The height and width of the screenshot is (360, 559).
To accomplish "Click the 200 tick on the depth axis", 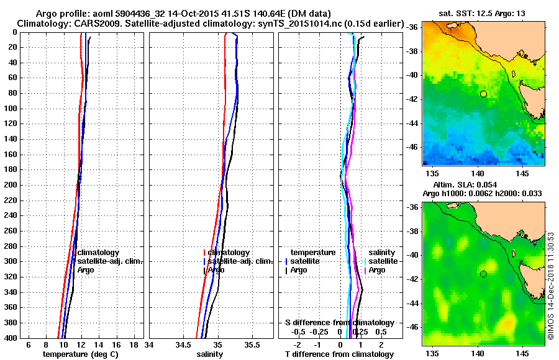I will (12, 185).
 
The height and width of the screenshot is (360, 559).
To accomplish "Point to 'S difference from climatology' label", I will (340, 323).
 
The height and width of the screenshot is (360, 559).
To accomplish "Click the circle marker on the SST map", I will (483, 94).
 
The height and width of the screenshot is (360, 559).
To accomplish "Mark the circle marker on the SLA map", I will (483, 274).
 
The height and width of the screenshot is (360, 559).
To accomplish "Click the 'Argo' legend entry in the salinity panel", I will (216, 270).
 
